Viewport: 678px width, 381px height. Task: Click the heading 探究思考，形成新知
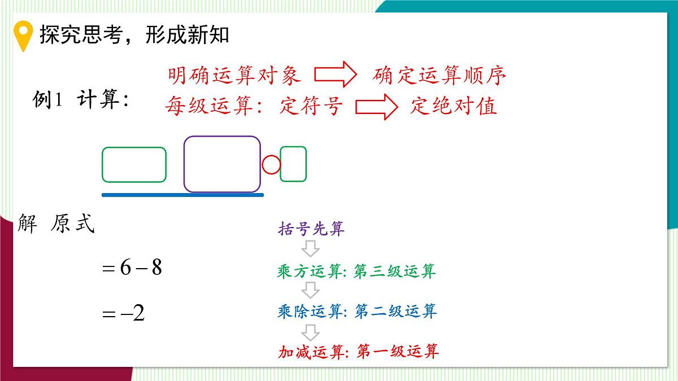click(x=134, y=35)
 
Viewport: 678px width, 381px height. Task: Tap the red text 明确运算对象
click(x=234, y=75)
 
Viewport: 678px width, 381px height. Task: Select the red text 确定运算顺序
click(x=439, y=76)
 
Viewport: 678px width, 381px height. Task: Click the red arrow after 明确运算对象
click(x=334, y=75)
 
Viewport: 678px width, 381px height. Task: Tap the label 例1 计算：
click(x=81, y=101)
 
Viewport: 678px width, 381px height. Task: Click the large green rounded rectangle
click(x=134, y=165)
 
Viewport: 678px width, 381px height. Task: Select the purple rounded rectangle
click(x=222, y=164)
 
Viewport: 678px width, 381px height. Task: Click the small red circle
click(x=271, y=165)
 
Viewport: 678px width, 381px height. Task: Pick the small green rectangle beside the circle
click(x=293, y=164)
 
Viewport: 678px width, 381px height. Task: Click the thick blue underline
click(x=182, y=195)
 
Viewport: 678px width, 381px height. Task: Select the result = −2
click(x=124, y=313)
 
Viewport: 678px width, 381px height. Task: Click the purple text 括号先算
click(x=311, y=229)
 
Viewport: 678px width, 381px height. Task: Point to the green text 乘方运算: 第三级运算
click(x=357, y=271)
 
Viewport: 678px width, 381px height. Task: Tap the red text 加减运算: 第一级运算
click(x=358, y=352)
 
